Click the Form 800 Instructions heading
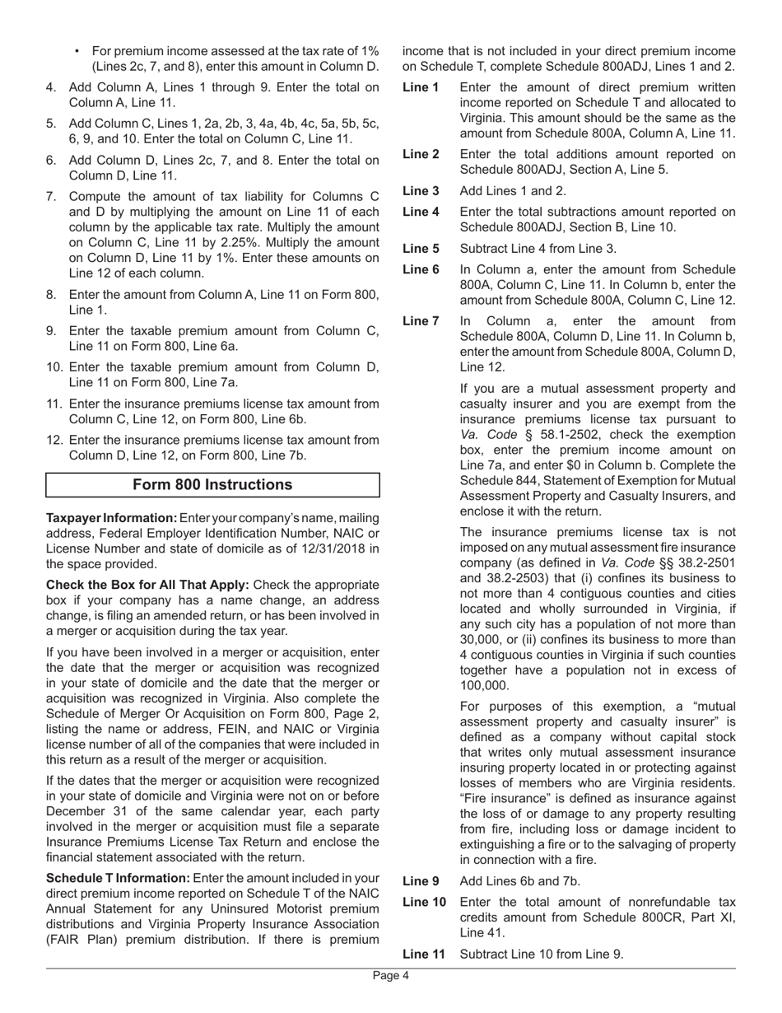[212, 485]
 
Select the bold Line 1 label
[421, 87]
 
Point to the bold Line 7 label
[421, 321]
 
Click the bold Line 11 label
[424, 955]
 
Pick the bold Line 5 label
[421, 249]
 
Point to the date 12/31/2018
[338, 549]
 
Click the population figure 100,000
[486, 686]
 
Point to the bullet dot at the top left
[77, 51]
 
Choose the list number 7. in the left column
[52, 197]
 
